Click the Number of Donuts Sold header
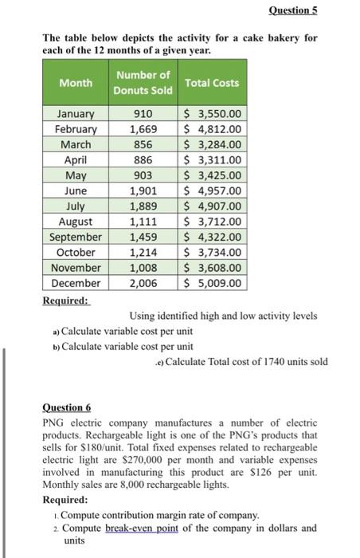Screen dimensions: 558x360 [x=143, y=83]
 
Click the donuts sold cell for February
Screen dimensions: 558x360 [x=143, y=129]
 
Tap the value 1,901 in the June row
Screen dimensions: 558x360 [x=143, y=191]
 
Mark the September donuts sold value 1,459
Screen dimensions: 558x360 [x=143, y=237]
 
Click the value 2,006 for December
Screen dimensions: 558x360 [x=143, y=283]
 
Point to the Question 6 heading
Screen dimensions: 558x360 [x=67, y=405]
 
